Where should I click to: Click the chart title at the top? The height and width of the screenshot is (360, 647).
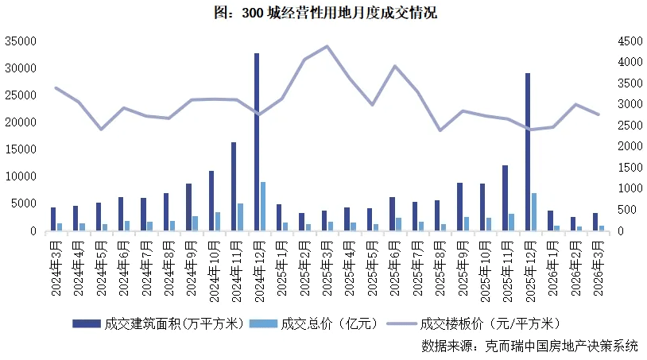(x=324, y=13)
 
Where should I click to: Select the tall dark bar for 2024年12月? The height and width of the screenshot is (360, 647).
(x=257, y=143)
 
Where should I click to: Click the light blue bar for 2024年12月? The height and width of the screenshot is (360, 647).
(x=263, y=207)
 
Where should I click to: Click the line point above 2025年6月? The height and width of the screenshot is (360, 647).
(x=395, y=66)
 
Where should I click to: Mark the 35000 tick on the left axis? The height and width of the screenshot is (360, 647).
(x=21, y=41)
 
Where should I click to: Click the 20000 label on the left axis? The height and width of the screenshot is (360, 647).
(x=21, y=122)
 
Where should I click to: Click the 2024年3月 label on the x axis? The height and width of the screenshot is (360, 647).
(x=56, y=269)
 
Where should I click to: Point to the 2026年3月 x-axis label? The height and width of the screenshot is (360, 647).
(x=598, y=269)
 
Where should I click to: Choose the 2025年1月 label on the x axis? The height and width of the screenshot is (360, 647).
(x=282, y=269)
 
